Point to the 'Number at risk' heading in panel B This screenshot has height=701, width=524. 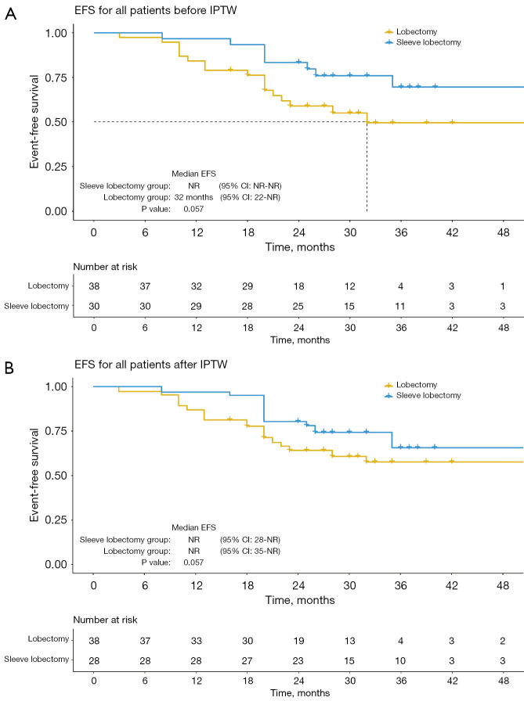pyautogui.click(x=105, y=620)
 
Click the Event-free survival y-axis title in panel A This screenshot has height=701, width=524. pyautogui.click(x=34, y=122)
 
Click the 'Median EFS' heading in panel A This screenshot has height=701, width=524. pyautogui.click(x=193, y=173)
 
